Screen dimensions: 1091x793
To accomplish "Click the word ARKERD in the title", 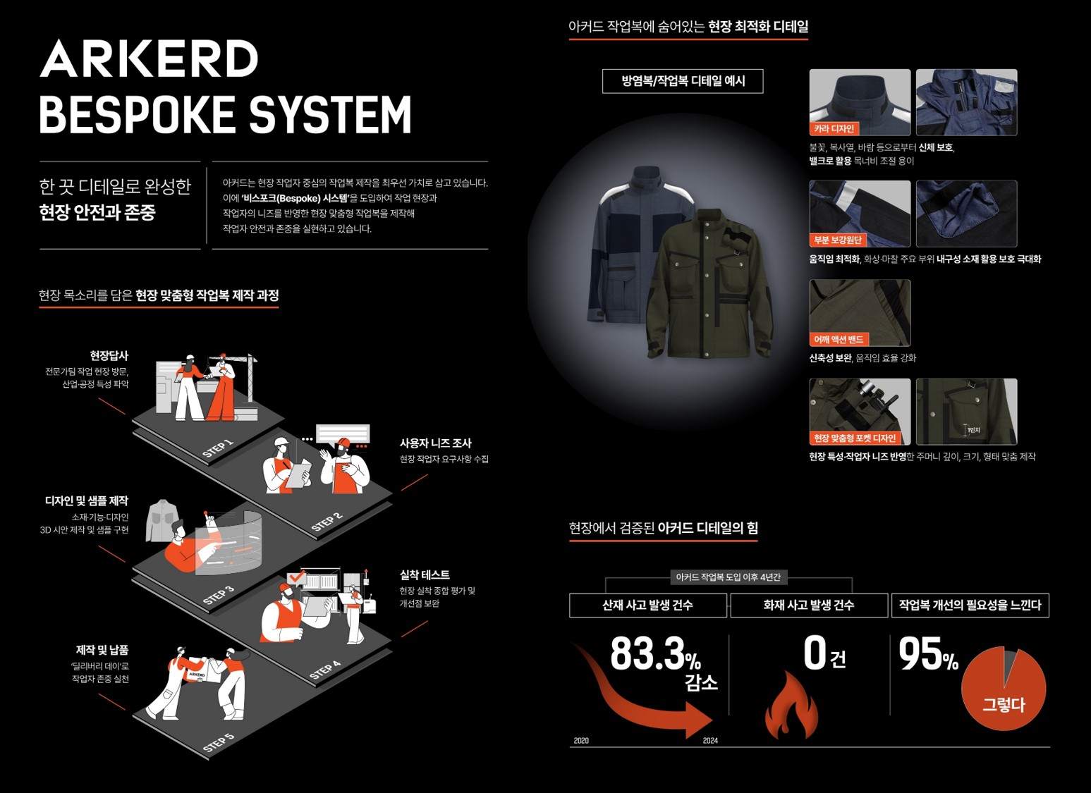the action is [x=149, y=59].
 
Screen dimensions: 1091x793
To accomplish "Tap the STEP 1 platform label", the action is [x=218, y=448].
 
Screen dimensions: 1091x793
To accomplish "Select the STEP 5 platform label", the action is [x=219, y=742].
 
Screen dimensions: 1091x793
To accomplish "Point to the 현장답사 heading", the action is [x=109, y=355].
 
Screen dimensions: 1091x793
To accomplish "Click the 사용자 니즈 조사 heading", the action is [x=435, y=443].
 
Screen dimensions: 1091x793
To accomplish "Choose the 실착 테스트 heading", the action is [x=425, y=574].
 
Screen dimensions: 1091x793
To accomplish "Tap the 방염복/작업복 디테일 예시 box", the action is [x=683, y=81].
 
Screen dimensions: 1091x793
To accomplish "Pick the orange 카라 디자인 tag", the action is [x=834, y=128].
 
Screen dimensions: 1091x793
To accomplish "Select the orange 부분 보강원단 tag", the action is [x=838, y=240].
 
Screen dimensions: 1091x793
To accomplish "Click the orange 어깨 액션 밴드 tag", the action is [x=839, y=339].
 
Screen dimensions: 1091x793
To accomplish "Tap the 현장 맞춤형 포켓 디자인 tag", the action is [x=855, y=438].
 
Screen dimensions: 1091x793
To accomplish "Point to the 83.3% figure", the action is [x=656, y=653].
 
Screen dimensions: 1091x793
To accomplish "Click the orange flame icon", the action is [x=791, y=705].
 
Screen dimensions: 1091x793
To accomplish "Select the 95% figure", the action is [x=928, y=654].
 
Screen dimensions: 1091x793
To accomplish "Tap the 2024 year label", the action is [x=710, y=740].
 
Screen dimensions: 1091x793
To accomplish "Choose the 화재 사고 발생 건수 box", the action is [x=809, y=605].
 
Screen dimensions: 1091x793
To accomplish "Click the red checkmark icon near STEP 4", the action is [x=297, y=578].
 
